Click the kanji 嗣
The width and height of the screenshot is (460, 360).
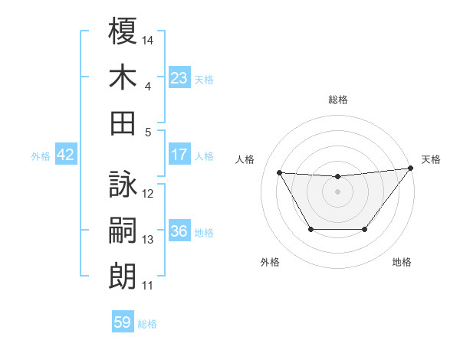[123, 230]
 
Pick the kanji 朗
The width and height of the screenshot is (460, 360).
[123, 275]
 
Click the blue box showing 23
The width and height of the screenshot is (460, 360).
[179, 77]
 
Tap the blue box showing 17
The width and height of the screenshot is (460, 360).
[179, 155]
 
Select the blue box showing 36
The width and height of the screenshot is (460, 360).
[179, 231]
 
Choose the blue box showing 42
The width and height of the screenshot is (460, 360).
[66, 155]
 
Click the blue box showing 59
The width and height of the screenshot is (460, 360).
[123, 322]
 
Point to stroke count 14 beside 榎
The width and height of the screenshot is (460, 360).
[149, 39]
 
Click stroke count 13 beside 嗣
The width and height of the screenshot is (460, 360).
[148, 240]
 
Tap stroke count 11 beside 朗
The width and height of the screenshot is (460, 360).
[148, 285]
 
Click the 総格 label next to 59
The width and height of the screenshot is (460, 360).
[147, 324]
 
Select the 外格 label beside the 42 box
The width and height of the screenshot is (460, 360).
[41, 156]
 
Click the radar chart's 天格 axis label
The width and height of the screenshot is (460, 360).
[431, 159]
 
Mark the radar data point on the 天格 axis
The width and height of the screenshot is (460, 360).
[409, 169]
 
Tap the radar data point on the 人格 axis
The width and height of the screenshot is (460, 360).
[279, 172]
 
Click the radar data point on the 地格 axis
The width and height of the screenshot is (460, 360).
[365, 229]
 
